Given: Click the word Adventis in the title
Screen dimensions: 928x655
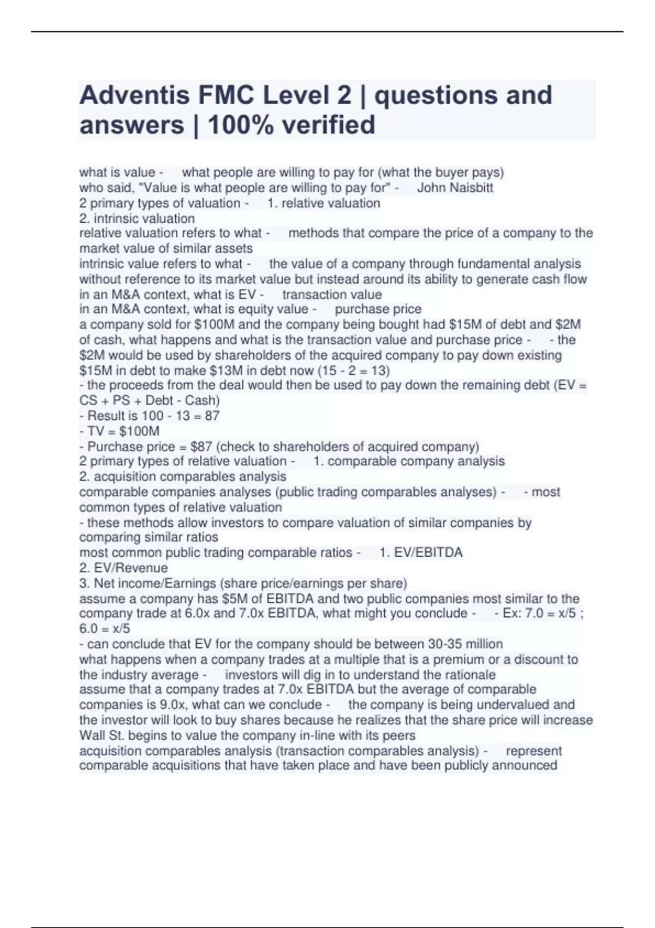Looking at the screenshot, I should click(134, 96).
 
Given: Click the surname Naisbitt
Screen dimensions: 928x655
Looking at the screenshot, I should click(471, 188).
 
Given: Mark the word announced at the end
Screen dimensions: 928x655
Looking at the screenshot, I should click(525, 765).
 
